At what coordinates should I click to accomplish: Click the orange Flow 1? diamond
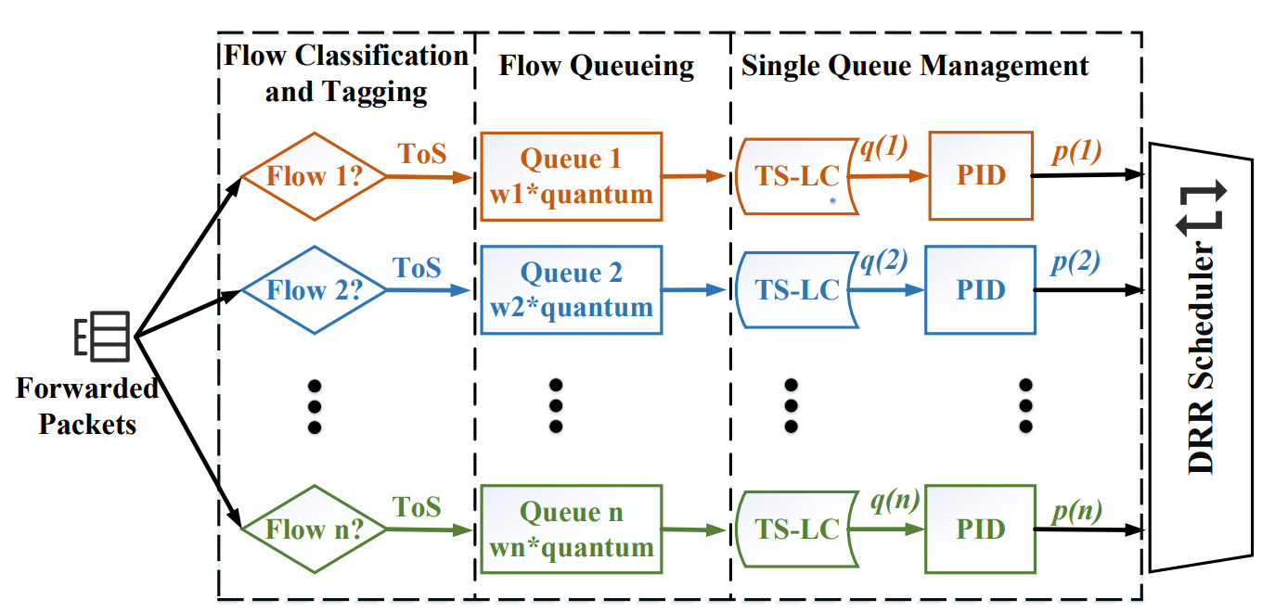tap(314, 175)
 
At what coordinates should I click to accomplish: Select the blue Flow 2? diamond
tap(314, 289)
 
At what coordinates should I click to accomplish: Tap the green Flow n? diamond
tap(314, 529)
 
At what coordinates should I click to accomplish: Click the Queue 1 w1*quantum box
tap(571, 176)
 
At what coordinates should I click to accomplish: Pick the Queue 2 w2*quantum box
tap(571, 290)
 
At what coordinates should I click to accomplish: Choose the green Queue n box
tap(571, 530)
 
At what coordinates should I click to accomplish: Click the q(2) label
tap(882, 262)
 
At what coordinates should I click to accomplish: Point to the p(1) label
tap(1075, 151)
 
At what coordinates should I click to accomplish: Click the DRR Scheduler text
tap(1203, 357)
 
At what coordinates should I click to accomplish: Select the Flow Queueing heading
tap(596, 66)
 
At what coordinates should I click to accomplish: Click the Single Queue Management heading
tap(914, 66)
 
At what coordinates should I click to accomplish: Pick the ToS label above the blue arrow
tap(417, 268)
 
